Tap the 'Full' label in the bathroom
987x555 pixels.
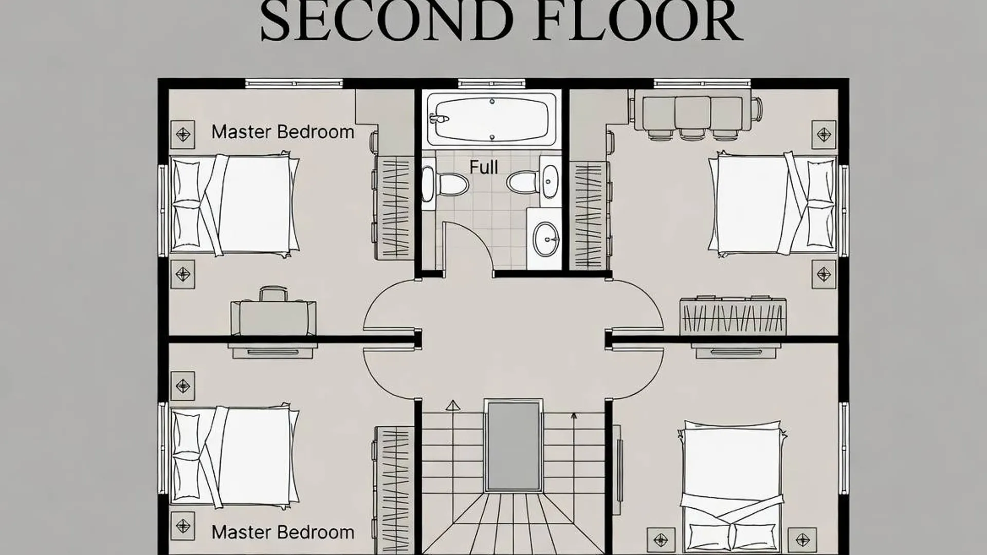click(484, 167)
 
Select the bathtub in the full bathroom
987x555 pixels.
click(492, 119)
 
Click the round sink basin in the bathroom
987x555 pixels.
click(545, 239)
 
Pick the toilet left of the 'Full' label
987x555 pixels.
click(445, 183)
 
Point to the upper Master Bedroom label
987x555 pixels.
click(283, 132)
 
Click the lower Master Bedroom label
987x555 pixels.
click(283, 532)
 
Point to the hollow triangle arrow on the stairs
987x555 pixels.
click(453, 405)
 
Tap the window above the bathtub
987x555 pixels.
click(492, 83)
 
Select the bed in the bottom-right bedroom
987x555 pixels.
click(732, 486)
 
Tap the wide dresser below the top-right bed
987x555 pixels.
click(733, 316)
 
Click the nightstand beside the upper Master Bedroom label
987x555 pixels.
click(182, 135)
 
